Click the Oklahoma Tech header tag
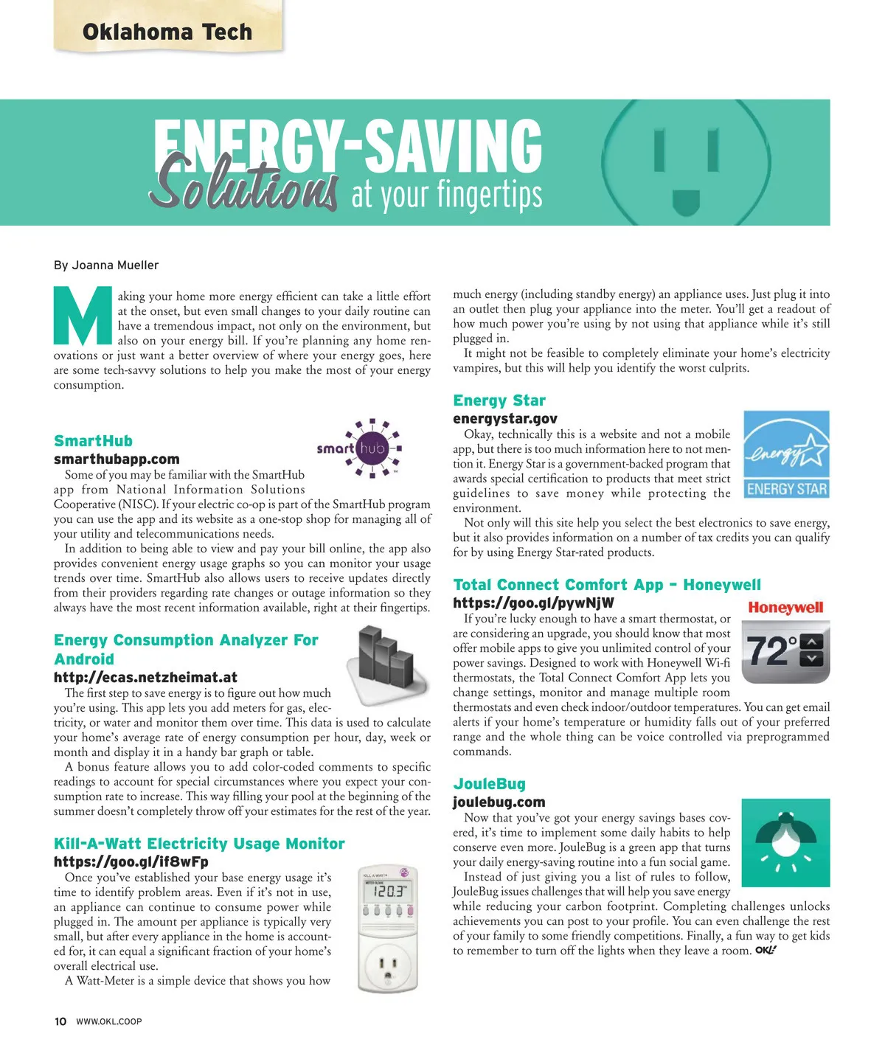tap(167, 32)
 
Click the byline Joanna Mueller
tap(106, 265)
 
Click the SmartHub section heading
tap(93, 441)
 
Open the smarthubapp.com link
tap(117, 459)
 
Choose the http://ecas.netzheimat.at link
tap(145, 677)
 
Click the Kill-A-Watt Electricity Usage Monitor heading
tap(199, 844)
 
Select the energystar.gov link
tap(505, 418)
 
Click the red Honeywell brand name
tap(785, 608)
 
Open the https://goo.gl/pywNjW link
tap(533, 603)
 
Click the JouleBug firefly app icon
tap(785, 842)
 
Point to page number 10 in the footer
tap(60, 1021)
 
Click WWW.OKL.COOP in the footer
tap(109, 1021)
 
